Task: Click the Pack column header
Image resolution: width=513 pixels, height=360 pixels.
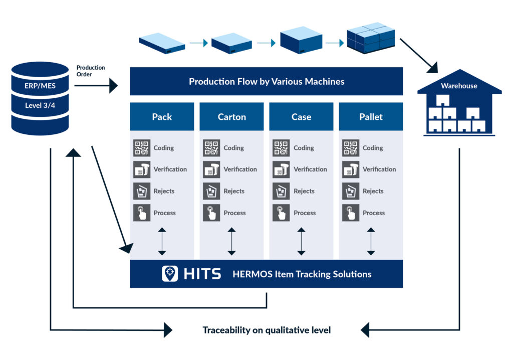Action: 162,117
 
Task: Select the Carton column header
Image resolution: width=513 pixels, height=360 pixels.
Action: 231,117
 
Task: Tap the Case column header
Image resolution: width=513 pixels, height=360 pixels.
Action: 301,117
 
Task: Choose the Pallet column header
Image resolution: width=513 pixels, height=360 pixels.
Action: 371,117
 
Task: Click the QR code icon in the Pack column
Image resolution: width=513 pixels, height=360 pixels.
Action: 142,148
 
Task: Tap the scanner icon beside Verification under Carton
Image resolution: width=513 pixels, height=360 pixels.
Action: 211,169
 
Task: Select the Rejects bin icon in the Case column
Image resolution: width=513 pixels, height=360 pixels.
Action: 281,191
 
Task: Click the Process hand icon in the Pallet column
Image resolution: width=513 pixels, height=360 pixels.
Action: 351,213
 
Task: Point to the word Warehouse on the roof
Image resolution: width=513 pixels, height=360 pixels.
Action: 459,86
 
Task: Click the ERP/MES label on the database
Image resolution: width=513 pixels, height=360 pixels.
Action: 40,86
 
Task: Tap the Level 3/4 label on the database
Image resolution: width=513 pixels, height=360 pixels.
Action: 40,105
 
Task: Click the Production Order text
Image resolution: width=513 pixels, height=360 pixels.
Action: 91,71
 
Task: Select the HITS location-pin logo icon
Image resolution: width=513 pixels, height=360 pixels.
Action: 170,274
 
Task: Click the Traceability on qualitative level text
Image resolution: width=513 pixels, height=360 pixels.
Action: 267,330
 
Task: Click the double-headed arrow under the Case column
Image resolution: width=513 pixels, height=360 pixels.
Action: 301,241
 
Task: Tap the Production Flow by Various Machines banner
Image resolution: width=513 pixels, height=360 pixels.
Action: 267,81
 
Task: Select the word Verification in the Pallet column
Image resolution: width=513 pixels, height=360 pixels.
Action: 379,169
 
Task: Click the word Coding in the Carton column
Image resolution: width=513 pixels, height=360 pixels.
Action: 233,148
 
